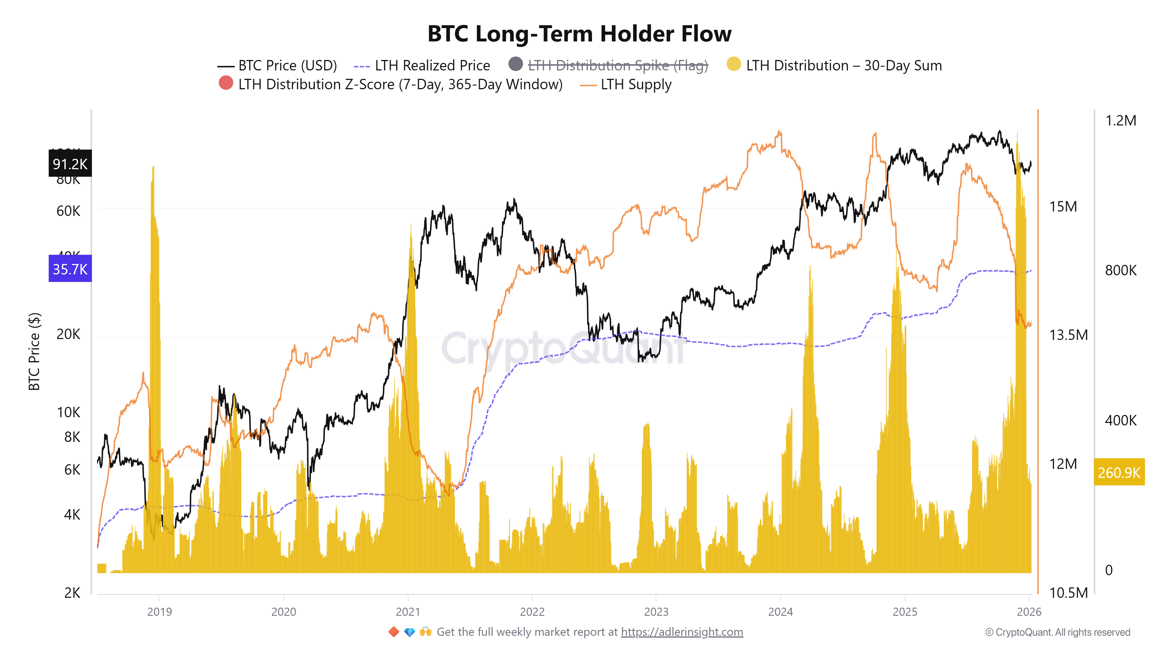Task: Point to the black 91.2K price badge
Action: pyautogui.click(x=70, y=164)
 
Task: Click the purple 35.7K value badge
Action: pyautogui.click(x=70, y=269)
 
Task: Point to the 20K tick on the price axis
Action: pyautogui.click(x=68, y=334)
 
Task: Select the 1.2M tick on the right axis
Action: pyautogui.click(x=1120, y=121)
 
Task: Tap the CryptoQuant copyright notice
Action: pyautogui.click(x=1057, y=633)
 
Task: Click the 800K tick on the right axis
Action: pyautogui.click(x=1120, y=270)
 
